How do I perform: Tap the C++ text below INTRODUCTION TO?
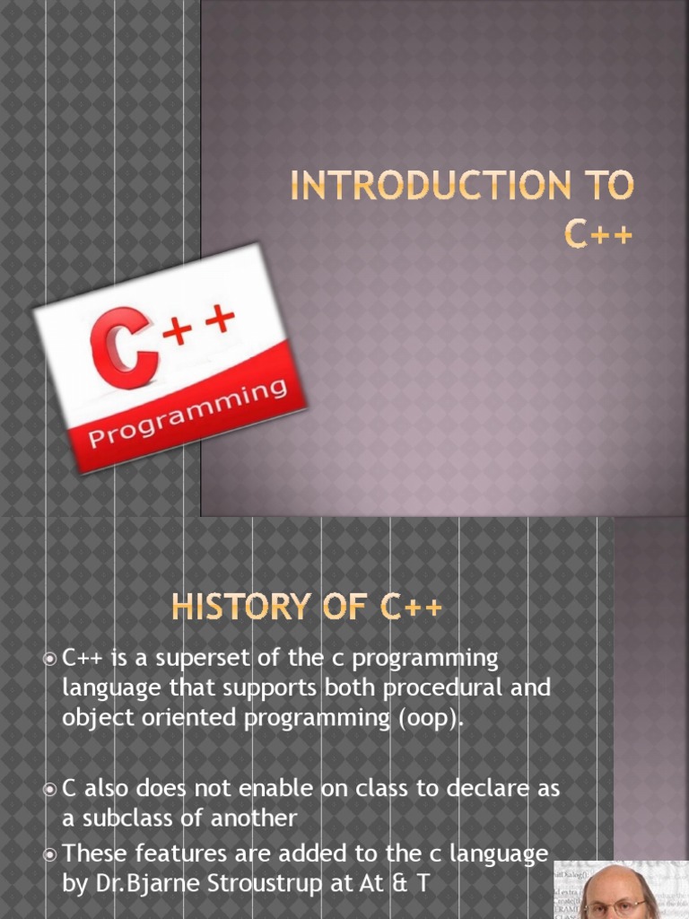(598, 232)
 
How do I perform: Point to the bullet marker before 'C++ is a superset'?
(50, 660)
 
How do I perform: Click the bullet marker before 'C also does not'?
(50, 790)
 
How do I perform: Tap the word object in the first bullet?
(94, 718)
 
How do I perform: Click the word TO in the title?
(607, 187)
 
